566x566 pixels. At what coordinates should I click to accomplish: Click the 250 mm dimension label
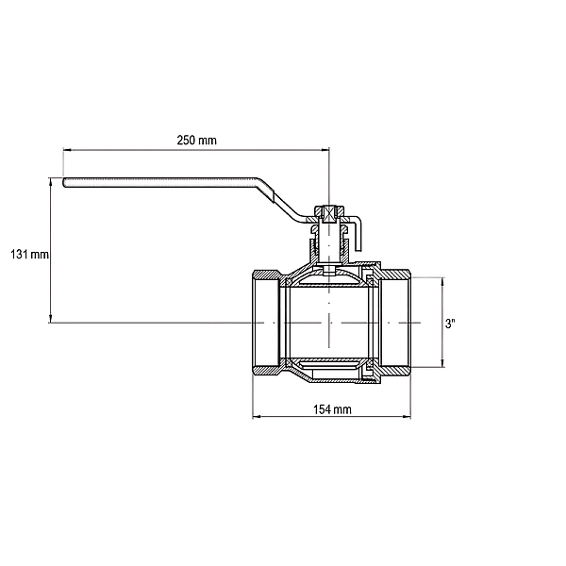pyautogui.click(x=197, y=140)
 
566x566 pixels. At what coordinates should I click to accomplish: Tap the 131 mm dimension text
pyautogui.click(x=29, y=255)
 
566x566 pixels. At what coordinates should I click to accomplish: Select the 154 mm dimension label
pyautogui.click(x=332, y=409)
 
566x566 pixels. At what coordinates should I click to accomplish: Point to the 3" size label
pyautogui.click(x=450, y=324)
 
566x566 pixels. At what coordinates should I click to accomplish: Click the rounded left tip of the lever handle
pyautogui.click(x=64, y=183)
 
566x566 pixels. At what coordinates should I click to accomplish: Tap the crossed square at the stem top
pyautogui.click(x=329, y=214)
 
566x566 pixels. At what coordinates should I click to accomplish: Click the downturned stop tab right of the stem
pyautogui.click(x=358, y=235)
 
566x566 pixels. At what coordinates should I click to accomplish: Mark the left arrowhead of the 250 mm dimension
pyautogui.click(x=67, y=149)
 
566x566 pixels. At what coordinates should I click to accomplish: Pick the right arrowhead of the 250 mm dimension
pyautogui.click(x=325, y=149)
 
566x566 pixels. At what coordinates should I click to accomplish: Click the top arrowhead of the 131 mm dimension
pyautogui.click(x=51, y=181)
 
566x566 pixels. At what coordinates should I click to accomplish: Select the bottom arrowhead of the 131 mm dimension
pyautogui.click(x=51, y=319)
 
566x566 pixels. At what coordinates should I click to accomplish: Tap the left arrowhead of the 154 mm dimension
pyautogui.click(x=257, y=417)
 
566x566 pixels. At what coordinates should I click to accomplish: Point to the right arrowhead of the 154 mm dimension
pyautogui.click(x=407, y=417)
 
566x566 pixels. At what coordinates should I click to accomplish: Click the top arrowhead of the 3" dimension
pyautogui.click(x=443, y=281)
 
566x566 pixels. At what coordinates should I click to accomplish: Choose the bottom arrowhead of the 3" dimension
pyautogui.click(x=443, y=363)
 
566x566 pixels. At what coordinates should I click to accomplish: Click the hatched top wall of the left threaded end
pyautogui.click(x=266, y=275)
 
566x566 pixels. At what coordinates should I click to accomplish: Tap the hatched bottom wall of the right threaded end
pyautogui.click(x=395, y=371)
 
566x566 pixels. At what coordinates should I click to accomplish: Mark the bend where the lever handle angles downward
pyautogui.click(x=258, y=180)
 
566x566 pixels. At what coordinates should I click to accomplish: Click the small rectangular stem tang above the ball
pyautogui.click(x=329, y=271)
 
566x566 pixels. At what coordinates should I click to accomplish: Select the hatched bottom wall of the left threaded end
pyautogui.click(x=266, y=371)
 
